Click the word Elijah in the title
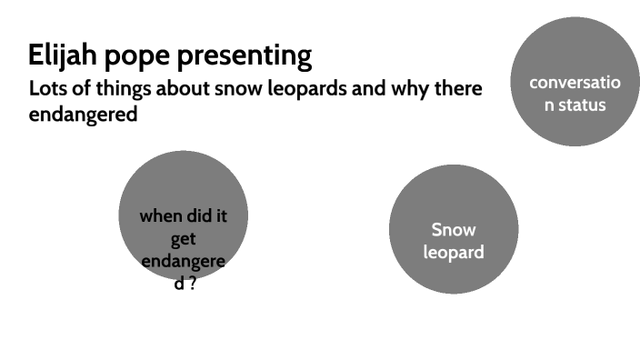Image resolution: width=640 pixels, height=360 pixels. pos(59,55)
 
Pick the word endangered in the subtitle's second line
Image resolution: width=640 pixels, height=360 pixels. pos(83,115)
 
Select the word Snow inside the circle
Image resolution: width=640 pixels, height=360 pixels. pos(453,230)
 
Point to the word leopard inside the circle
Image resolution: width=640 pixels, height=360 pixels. pos(453,252)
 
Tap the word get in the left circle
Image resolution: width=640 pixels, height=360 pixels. pos(184,239)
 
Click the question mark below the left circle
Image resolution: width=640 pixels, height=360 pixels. pos(193,285)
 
